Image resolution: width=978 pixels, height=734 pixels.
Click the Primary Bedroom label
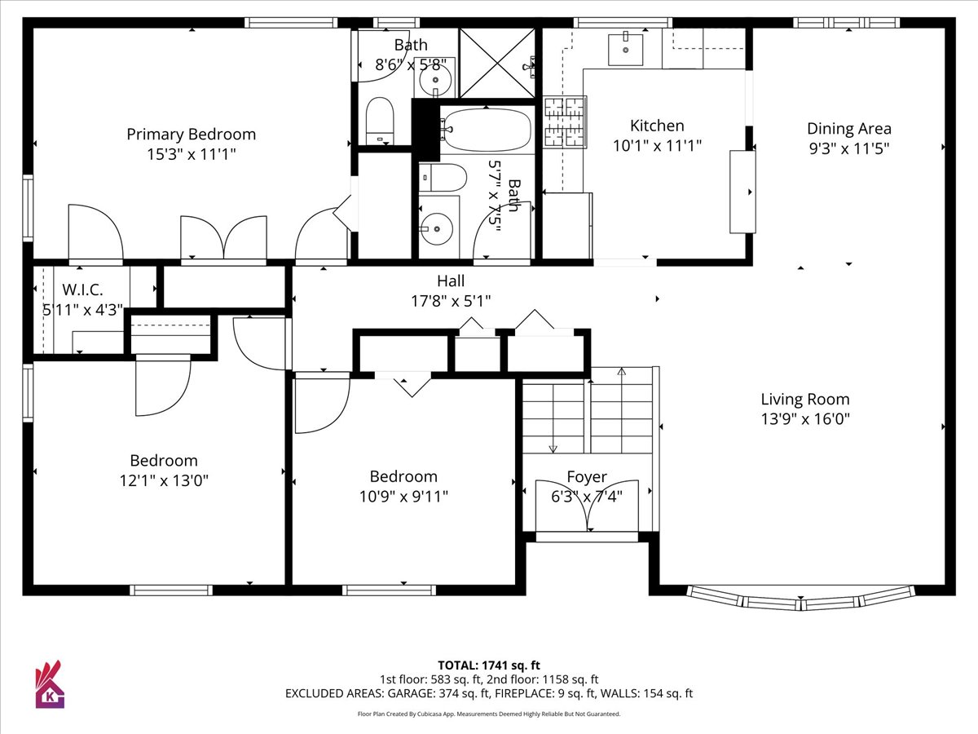point(192,134)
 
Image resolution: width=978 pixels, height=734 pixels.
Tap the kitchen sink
point(626,49)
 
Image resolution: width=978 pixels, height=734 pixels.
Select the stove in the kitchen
point(565,122)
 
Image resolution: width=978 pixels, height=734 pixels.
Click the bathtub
point(487,130)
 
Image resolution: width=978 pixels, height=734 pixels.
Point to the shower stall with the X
point(497,63)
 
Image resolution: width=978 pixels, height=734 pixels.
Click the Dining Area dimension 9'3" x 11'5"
point(849,148)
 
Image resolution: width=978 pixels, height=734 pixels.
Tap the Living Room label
point(805,399)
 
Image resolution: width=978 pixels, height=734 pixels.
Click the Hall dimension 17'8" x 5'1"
point(451,301)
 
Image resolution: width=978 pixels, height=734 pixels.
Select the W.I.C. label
point(82,290)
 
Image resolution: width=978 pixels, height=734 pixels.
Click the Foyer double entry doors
point(587,506)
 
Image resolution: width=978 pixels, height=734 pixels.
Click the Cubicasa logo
point(50,685)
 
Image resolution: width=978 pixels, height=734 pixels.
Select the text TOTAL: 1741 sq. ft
point(489,665)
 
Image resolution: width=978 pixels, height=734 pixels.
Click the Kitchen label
point(657,126)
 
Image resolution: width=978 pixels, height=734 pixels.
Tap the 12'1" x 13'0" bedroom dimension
point(164,481)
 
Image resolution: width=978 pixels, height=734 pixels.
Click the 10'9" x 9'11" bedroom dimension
point(403,497)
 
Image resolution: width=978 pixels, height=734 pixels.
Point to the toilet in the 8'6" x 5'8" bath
point(380,122)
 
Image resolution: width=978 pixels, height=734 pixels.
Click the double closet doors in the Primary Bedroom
point(223,237)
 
